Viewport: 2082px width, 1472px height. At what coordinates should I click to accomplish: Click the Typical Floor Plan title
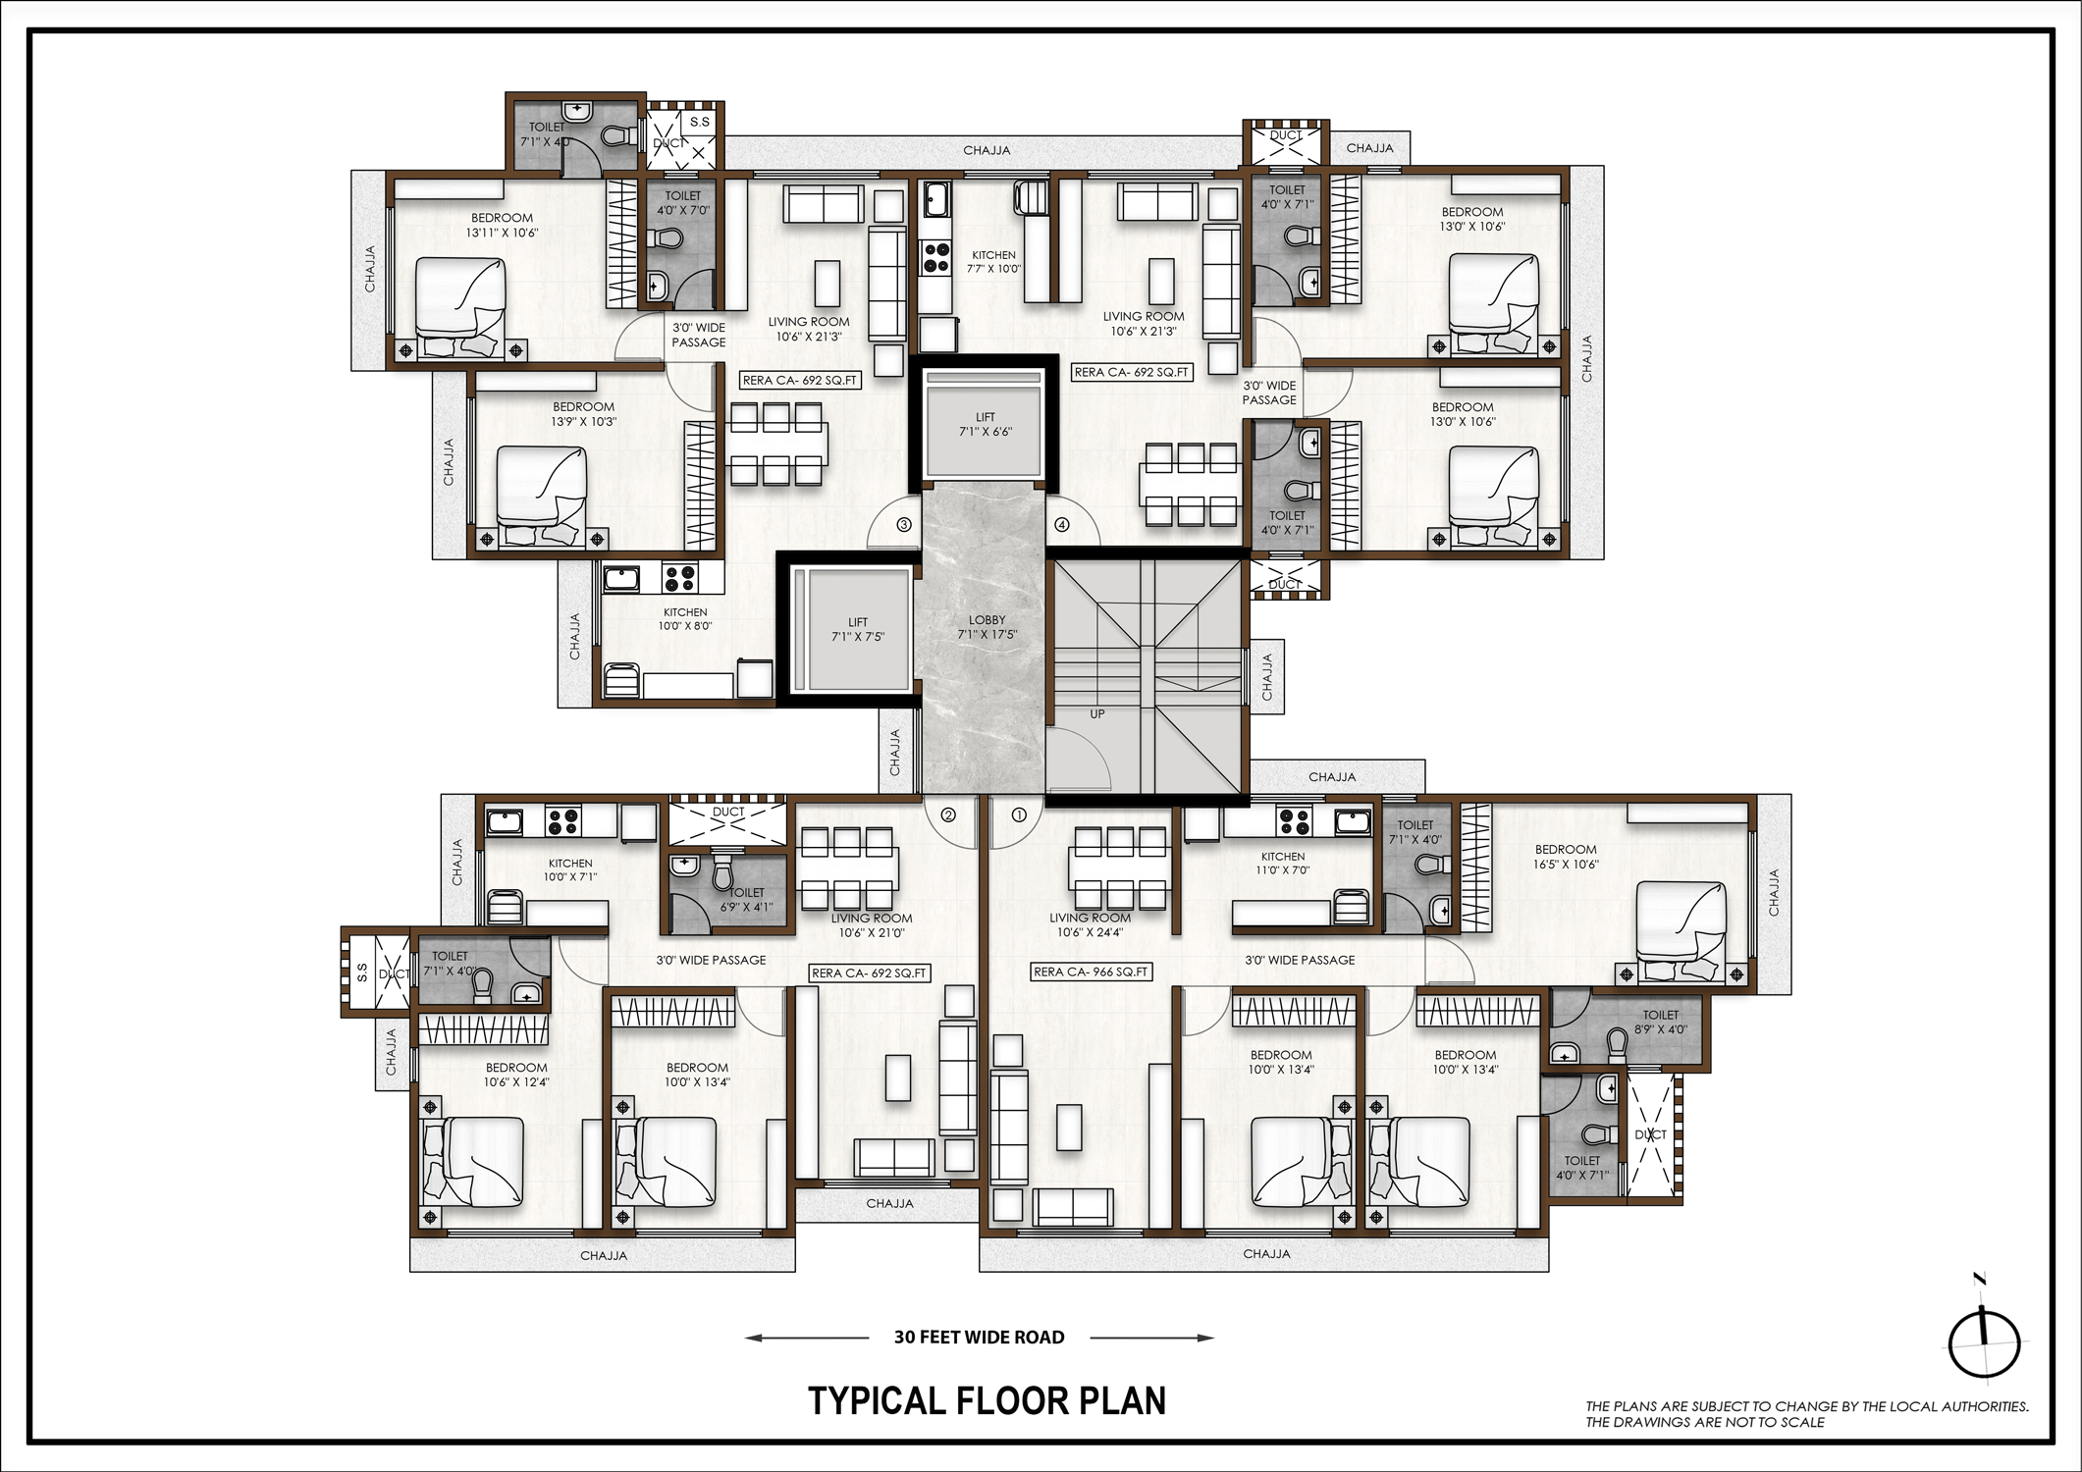(987, 1400)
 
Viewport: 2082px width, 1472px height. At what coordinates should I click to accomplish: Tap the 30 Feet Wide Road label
(979, 1337)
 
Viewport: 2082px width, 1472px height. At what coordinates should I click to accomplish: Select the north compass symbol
(1984, 1343)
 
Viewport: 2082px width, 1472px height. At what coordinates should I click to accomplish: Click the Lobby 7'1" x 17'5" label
(987, 627)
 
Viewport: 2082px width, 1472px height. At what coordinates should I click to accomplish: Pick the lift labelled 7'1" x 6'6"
(985, 424)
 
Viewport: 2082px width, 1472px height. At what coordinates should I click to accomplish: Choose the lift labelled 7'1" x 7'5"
(857, 629)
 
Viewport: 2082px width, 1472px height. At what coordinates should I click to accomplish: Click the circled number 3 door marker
(904, 525)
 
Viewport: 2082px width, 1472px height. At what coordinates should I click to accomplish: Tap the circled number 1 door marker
(1019, 815)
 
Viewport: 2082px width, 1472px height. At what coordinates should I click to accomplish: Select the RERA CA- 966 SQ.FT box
(1091, 972)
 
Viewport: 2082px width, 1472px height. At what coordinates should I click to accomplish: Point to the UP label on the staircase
(1096, 714)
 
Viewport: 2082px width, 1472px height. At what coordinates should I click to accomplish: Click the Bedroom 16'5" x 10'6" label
(1565, 857)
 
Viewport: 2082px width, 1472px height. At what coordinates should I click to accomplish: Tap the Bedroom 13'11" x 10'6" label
(502, 225)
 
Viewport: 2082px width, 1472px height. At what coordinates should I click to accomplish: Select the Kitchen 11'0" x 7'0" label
(1283, 863)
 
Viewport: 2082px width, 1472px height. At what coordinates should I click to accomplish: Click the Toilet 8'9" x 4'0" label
(1660, 1022)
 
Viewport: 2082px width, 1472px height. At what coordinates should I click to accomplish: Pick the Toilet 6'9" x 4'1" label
(746, 899)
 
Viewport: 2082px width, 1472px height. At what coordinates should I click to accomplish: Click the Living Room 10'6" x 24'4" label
(1090, 924)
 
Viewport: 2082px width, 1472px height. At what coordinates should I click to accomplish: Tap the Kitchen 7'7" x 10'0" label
(993, 261)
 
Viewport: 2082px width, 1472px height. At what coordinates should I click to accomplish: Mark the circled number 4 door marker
(1061, 525)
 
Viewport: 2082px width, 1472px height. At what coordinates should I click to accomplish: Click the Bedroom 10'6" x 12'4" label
(515, 1075)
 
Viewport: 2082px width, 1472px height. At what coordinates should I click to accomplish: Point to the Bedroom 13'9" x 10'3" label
(583, 414)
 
